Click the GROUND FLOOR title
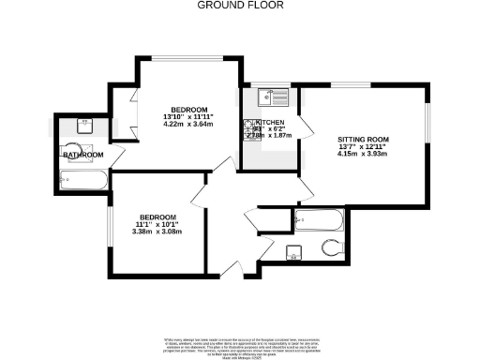coord(239,6)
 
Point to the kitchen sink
coord(272,96)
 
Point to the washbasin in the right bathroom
coord(293,251)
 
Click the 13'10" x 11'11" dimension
coord(187,117)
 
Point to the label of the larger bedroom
coord(187,110)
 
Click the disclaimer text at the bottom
coord(239,343)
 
